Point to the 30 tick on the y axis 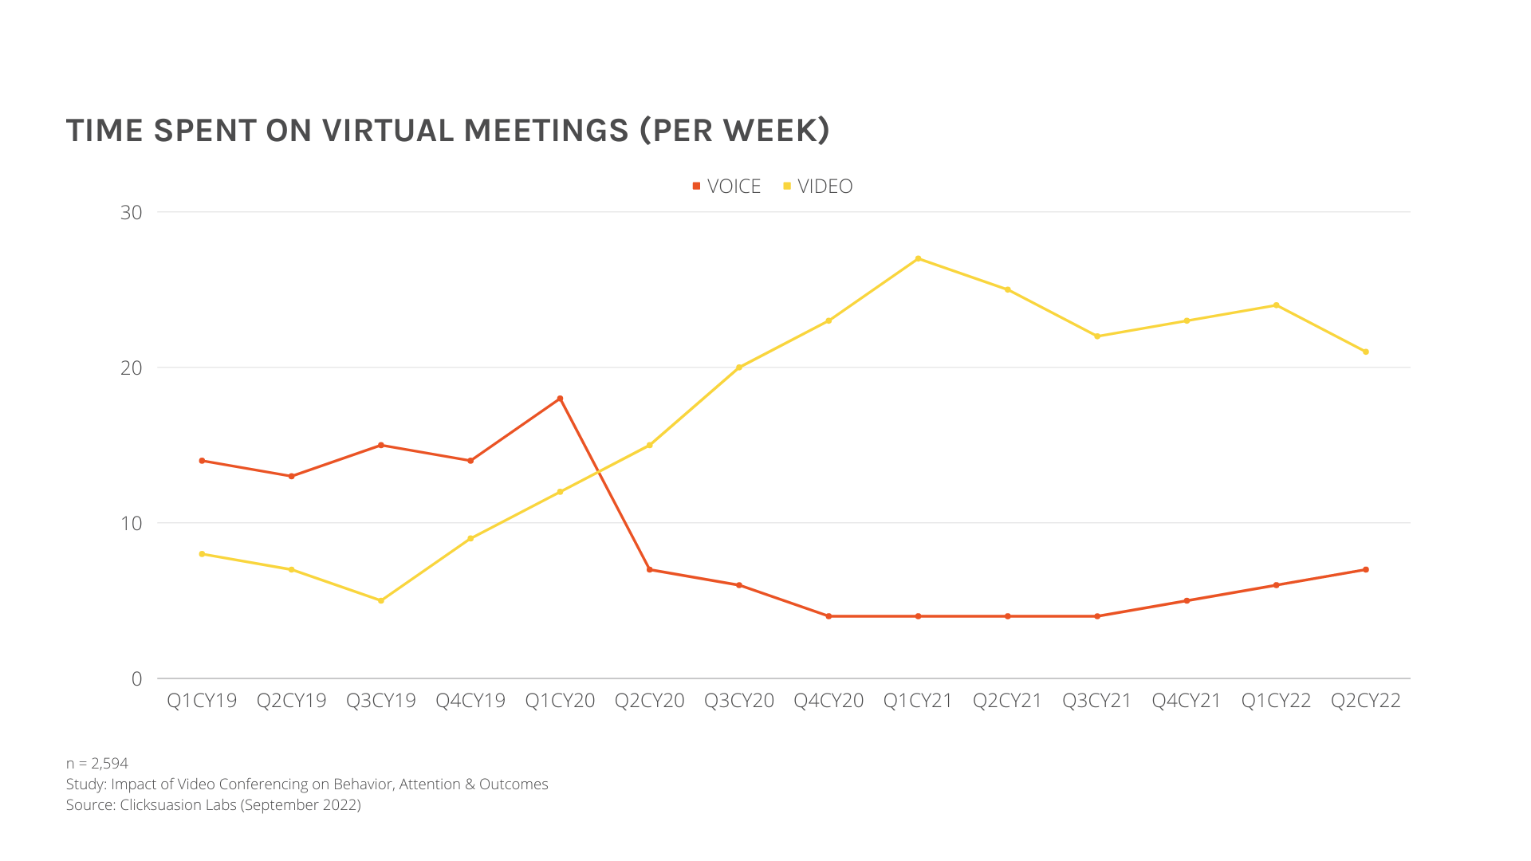click(x=132, y=212)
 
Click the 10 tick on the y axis click(x=132, y=523)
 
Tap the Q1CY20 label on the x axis click(x=560, y=701)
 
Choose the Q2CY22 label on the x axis click(x=1365, y=701)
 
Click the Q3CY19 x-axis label click(x=381, y=701)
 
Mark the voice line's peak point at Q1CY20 click(x=560, y=399)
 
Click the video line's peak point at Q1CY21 click(x=918, y=258)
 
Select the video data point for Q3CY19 click(x=381, y=600)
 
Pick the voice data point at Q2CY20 click(x=650, y=569)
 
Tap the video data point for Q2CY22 click(x=1366, y=352)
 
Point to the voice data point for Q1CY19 click(x=202, y=461)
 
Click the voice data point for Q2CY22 click(x=1366, y=569)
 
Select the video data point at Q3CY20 click(x=739, y=368)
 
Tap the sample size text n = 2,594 click(x=96, y=763)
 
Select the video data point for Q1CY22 click(x=1276, y=305)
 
